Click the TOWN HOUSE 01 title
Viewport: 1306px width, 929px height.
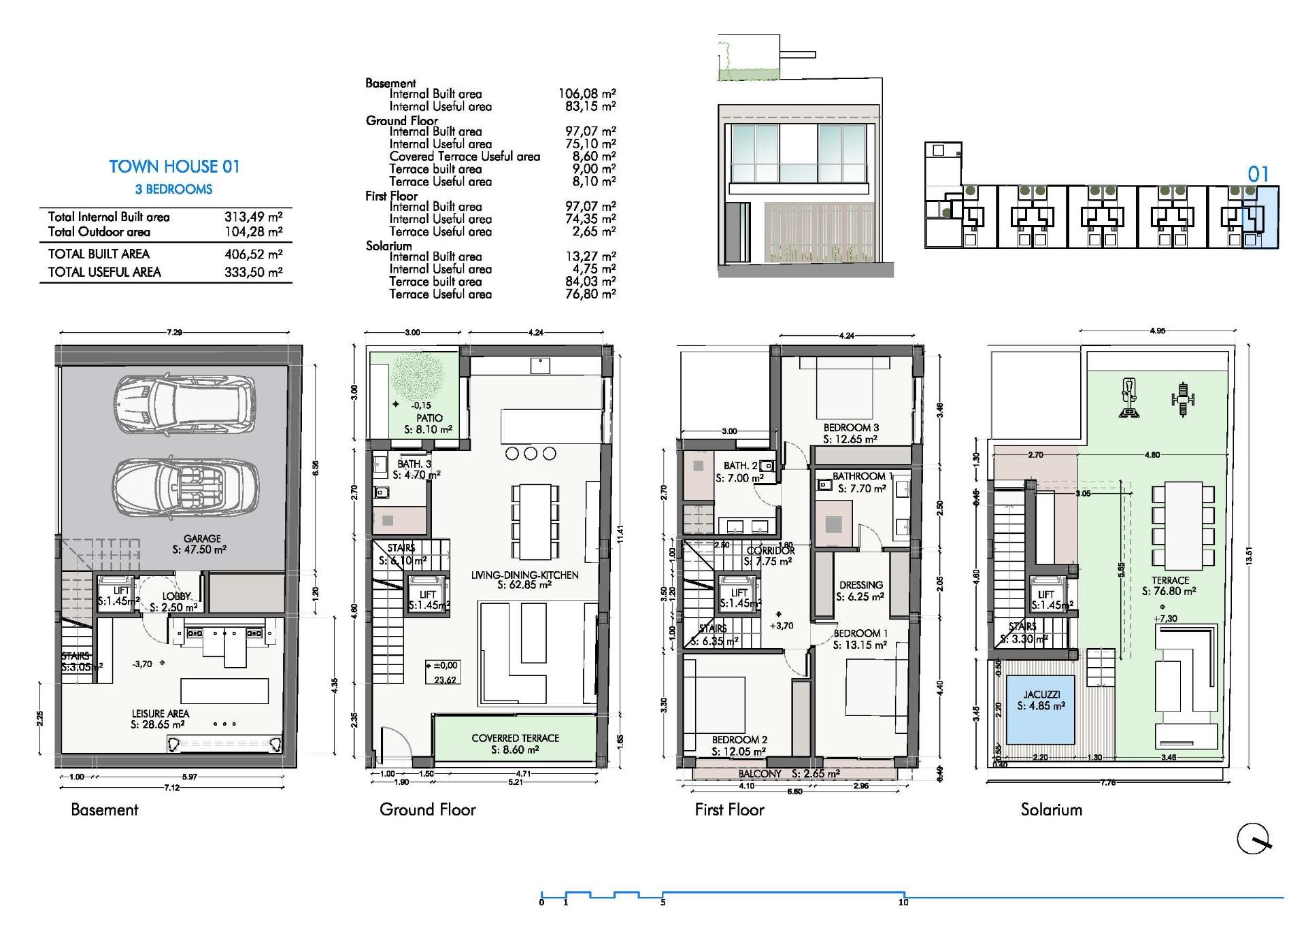coord(174,167)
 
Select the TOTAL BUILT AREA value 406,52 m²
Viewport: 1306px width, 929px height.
coord(253,254)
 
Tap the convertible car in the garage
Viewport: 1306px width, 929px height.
coord(185,487)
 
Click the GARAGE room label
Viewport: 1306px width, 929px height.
coord(202,539)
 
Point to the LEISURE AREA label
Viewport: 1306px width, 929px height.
coord(161,713)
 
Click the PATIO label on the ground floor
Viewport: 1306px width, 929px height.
coord(429,418)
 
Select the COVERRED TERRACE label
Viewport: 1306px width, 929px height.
coord(515,738)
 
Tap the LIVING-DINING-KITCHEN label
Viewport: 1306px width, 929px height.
coord(524,575)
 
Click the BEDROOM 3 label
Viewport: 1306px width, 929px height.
coord(851,428)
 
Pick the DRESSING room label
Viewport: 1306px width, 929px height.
coord(860,585)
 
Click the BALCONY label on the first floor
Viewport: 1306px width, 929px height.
coord(760,774)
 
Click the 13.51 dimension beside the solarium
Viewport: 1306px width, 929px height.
coord(1248,556)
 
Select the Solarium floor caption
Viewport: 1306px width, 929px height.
coord(1051,810)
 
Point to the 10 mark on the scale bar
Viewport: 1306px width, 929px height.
coord(903,902)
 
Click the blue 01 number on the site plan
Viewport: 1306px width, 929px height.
coord(1258,175)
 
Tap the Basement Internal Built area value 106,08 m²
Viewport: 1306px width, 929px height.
coord(586,94)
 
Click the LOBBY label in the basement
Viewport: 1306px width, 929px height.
coord(176,596)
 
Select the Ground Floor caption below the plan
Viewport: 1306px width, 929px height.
coord(427,810)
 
